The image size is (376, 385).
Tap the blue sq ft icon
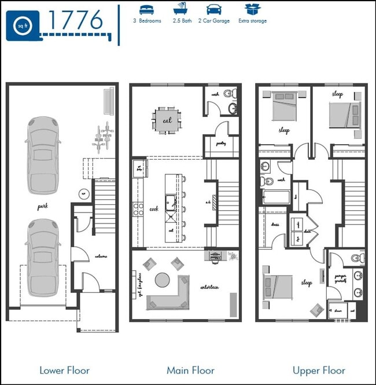click(23, 25)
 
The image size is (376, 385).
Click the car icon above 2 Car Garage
click(213, 9)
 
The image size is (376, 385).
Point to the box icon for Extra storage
click(252, 9)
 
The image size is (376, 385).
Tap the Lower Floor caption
click(64, 370)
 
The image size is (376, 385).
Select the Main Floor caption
click(190, 370)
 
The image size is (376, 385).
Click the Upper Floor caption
click(319, 370)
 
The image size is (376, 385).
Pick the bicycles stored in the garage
click(104, 137)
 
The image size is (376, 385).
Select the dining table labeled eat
click(167, 120)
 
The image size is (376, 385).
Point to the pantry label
click(220, 142)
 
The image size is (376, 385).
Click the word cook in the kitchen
click(154, 209)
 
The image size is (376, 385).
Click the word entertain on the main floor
click(209, 287)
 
